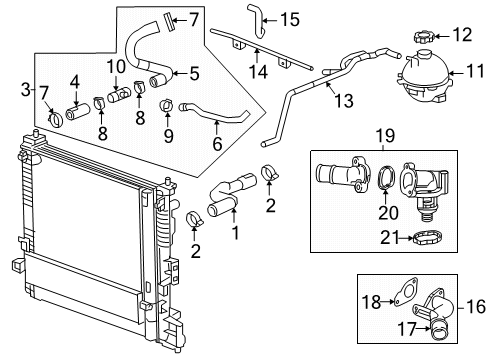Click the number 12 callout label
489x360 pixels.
coord(462,36)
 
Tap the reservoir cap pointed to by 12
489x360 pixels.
coord(420,37)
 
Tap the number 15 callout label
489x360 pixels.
coord(289,18)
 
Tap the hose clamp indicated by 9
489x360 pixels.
coord(166,104)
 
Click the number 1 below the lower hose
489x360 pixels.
coord(237,235)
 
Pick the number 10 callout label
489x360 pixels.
coord(117,66)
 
